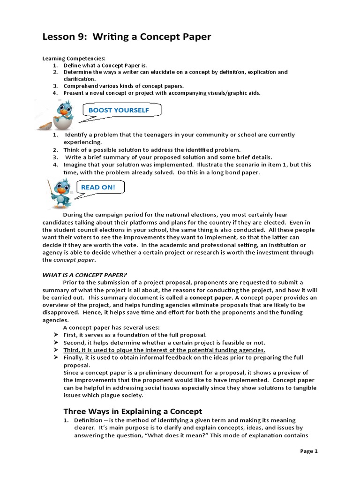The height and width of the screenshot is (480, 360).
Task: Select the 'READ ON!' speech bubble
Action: click(97, 187)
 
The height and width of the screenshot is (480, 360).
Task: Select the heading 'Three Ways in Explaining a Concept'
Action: click(133, 411)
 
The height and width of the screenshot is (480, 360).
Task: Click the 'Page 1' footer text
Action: click(309, 451)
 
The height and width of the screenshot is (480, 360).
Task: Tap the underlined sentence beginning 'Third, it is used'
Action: click(164, 350)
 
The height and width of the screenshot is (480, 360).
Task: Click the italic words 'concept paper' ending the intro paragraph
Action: click(74, 260)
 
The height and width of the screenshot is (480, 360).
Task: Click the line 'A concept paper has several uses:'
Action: click(112, 327)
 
